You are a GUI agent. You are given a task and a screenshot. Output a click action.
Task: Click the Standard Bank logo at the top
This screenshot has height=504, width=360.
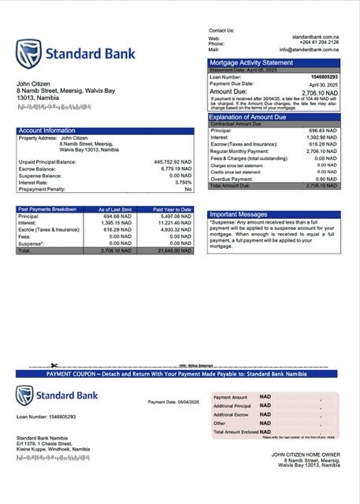point(75,54)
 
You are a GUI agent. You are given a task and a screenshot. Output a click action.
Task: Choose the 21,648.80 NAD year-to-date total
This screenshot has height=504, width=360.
point(173,250)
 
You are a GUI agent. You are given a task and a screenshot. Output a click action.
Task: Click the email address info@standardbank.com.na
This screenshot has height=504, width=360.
point(313,49)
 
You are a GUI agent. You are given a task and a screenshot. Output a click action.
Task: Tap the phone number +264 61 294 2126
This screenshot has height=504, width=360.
point(318,43)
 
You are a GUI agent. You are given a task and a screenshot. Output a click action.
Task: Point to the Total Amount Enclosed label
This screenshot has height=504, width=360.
point(236,432)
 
